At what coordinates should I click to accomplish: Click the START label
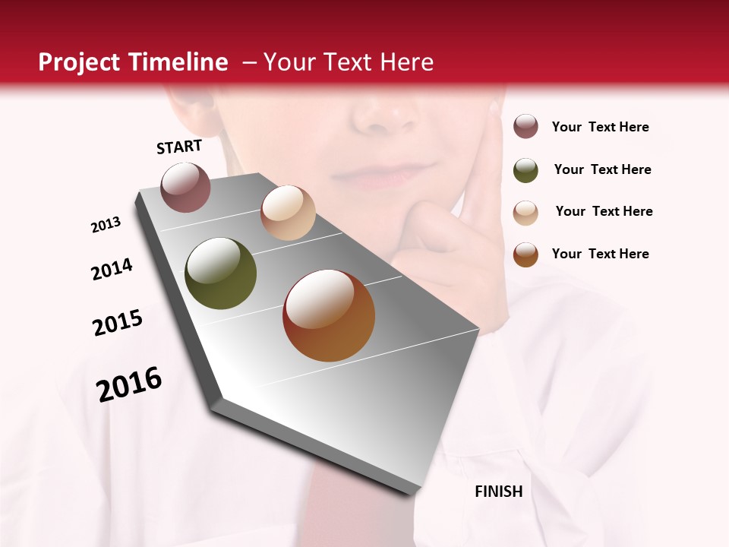179,147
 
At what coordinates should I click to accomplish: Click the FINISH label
498,492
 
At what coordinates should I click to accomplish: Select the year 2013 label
106,225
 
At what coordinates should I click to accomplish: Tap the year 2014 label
112,269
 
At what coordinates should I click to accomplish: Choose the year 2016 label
129,384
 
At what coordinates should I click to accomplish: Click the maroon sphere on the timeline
186,187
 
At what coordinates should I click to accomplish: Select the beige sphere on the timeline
288,213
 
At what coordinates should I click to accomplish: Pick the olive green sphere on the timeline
221,273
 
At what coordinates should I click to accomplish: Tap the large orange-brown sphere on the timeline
329,315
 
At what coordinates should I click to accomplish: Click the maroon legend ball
525,127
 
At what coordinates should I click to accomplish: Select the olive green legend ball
525,170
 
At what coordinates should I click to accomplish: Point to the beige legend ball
525,213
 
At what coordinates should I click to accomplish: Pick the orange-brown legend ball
525,255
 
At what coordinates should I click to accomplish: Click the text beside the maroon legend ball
600,127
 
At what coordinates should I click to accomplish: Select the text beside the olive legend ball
602,169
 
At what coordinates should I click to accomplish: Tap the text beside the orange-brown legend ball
600,254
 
